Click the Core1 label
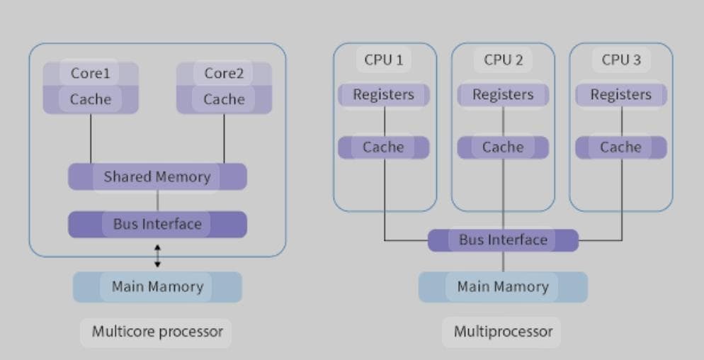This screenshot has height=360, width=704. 91,73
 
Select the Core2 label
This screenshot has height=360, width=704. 224,73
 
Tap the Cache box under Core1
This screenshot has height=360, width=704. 91,100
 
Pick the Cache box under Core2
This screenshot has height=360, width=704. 224,100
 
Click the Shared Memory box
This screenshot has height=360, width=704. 157,176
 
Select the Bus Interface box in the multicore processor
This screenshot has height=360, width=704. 157,224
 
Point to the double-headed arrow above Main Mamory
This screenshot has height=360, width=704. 157,256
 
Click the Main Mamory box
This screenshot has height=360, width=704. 157,287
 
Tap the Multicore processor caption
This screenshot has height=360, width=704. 157,331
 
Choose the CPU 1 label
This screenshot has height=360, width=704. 384,60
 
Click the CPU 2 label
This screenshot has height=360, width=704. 503,60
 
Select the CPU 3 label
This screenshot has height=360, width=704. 621,60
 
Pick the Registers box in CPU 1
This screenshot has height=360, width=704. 384,94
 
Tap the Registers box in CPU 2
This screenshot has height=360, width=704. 503,94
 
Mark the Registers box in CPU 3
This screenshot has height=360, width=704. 621,94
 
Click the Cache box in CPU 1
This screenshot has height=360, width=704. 384,147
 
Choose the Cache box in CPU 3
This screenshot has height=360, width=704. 621,147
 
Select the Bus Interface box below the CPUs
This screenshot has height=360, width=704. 503,240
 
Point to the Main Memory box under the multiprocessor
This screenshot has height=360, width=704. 503,287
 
